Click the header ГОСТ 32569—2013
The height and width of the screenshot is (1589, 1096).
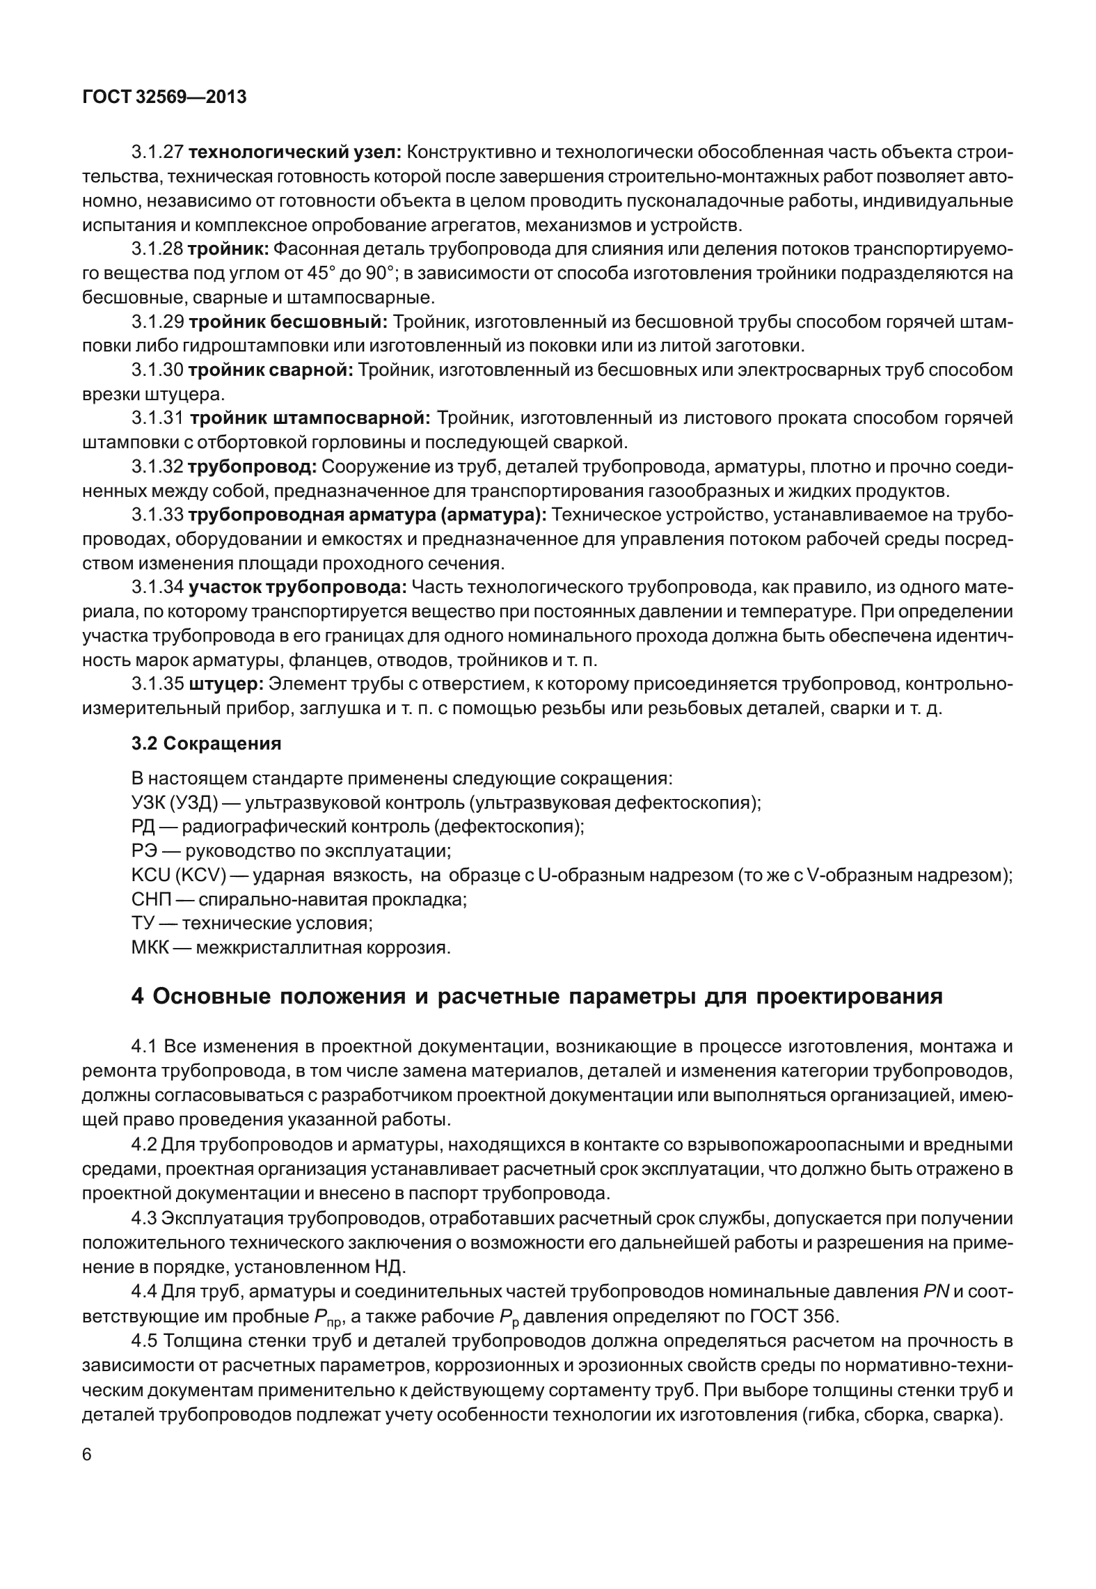point(164,97)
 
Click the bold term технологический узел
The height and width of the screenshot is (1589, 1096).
point(294,151)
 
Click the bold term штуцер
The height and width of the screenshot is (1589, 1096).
point(225,684)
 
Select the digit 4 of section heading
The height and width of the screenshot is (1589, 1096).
point(138,997)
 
